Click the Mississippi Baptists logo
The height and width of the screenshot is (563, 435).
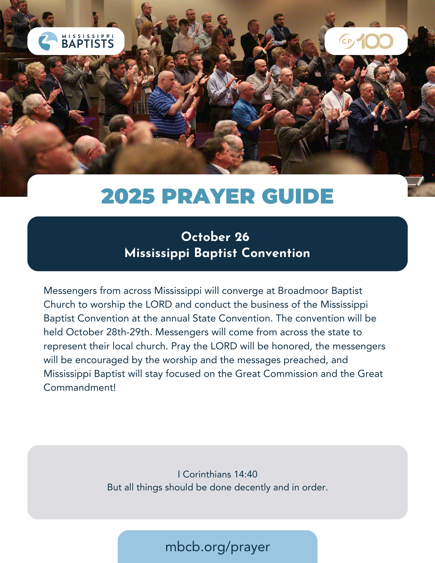click(76, 41)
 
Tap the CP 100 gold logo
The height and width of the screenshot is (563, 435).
click(366, 41)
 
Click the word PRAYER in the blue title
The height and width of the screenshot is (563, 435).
click(208, 196)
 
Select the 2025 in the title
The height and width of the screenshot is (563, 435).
click(128, 196)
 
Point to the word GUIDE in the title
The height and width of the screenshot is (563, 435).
click(298, 196)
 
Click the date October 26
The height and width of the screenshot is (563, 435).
click(215, 237)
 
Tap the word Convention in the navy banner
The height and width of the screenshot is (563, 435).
click(276, 253)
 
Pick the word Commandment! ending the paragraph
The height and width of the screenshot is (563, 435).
click(80, 388)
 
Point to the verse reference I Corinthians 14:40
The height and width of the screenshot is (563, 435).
click(217, 474)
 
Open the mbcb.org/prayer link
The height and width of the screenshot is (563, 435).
click(217, 547)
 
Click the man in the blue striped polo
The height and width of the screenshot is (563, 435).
click(163, 110)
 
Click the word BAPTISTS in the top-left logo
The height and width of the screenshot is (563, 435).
click(88, 44)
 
